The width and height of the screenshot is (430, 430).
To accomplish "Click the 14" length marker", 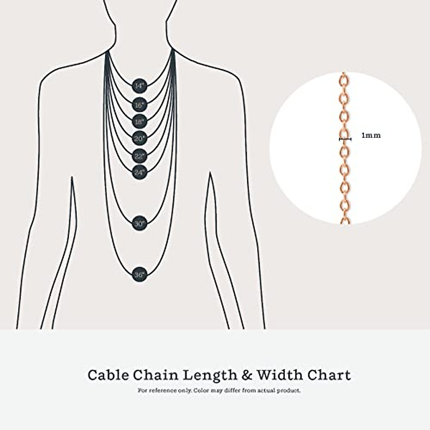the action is coord(139,86).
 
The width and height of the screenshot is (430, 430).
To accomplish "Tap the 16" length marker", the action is coord(139,105).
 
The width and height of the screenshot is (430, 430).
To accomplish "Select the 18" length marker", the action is coord(139,121).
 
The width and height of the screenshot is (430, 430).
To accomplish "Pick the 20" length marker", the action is coord(139,138).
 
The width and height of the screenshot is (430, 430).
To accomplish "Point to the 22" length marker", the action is coord(139,156).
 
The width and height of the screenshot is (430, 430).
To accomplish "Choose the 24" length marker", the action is coord(139,172).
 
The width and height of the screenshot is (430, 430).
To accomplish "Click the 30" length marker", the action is coord(139,224).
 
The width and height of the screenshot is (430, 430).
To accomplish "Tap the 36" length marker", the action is coord(139,275).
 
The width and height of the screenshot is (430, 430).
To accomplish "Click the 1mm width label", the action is coord(371,135).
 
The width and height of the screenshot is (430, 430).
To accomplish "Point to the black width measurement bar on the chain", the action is coord(345,138).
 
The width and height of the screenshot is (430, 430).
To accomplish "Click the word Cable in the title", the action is coord(108,375).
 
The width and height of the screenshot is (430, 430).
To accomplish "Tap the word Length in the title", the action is coord(210,375).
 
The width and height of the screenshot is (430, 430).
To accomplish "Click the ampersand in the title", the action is coord(247,375).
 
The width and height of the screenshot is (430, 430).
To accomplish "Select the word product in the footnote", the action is coord(288,391).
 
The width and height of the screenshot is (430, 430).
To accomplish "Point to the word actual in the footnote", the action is coord(264,391).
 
